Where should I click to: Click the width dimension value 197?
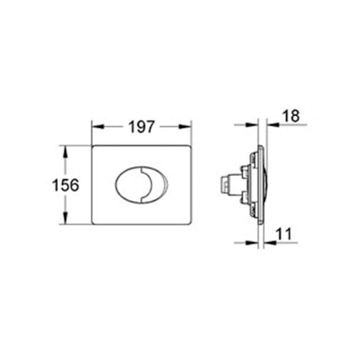pyautogui.click(x=141, y=127)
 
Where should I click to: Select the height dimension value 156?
pyautogui.click(x=65, y=185)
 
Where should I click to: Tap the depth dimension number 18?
pyautogui.click(x=291, y=116)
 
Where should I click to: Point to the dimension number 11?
pyautogui.click(x=283, y=234)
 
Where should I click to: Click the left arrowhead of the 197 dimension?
pyautogui.click(x=97, y=127)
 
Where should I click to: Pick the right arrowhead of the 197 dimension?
pyautogui.click(x=185, y=127)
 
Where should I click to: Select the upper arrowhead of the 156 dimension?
pyautogui.click(x=65, y=152)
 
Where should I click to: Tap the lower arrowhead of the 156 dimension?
pyautogui.click(x=65, y=218)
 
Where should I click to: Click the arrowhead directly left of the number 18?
pyautogui.click(x=273, y=125)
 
